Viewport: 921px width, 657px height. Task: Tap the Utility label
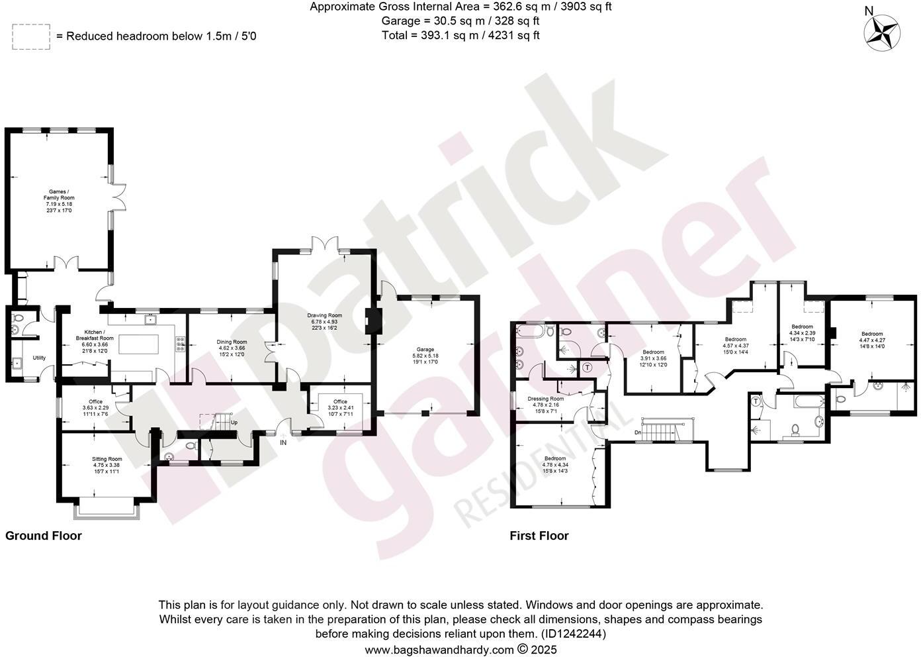click(x=39, y=358)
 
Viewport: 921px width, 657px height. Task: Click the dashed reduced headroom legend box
click(x=30, y=36)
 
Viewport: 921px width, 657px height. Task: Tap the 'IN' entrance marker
click(x=283, y=442)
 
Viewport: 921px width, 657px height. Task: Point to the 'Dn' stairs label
click(x=638, y=432)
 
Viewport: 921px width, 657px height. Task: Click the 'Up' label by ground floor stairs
click(x=234, y=422)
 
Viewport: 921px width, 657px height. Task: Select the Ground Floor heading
click(x=44, y=536)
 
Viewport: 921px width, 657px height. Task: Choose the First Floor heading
click(x=539, y=536)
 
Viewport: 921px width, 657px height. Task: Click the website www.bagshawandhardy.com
click(x=439, y=650)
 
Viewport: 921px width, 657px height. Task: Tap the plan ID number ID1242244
click(x=573, y=634)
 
